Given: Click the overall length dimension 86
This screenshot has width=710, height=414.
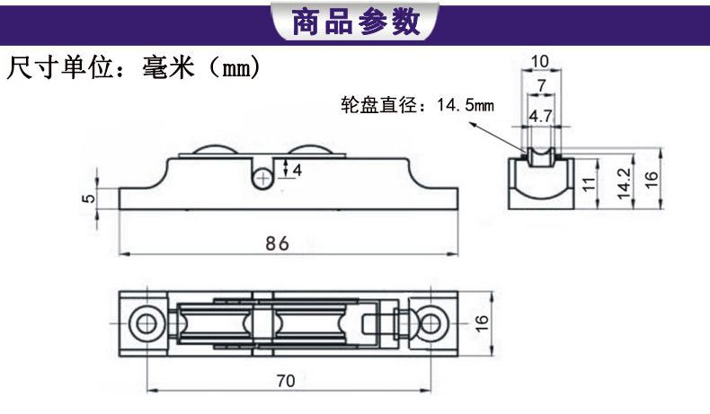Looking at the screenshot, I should coord(277,242).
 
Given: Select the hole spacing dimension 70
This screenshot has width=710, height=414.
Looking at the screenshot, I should coord(285,380).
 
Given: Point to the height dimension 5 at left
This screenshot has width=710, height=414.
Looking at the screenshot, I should coord(88,198).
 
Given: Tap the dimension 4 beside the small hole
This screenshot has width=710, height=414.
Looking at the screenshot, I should coord(297,168).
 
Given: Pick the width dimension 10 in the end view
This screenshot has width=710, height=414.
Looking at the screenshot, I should coord(539,61).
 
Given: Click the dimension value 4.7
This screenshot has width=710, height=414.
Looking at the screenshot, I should coord(539,116).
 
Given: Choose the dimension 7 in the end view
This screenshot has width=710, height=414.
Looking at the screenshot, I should coord(539,85).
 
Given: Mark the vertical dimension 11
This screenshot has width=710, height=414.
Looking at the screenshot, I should coord(589,186).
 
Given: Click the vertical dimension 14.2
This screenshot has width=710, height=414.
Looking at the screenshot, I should coord(623,181).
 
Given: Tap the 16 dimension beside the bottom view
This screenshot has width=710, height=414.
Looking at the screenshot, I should coord(483,321).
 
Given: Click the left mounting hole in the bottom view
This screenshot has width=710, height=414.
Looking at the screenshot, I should coord(141,322).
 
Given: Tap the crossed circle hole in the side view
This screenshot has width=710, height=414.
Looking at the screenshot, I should coord(263,177).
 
